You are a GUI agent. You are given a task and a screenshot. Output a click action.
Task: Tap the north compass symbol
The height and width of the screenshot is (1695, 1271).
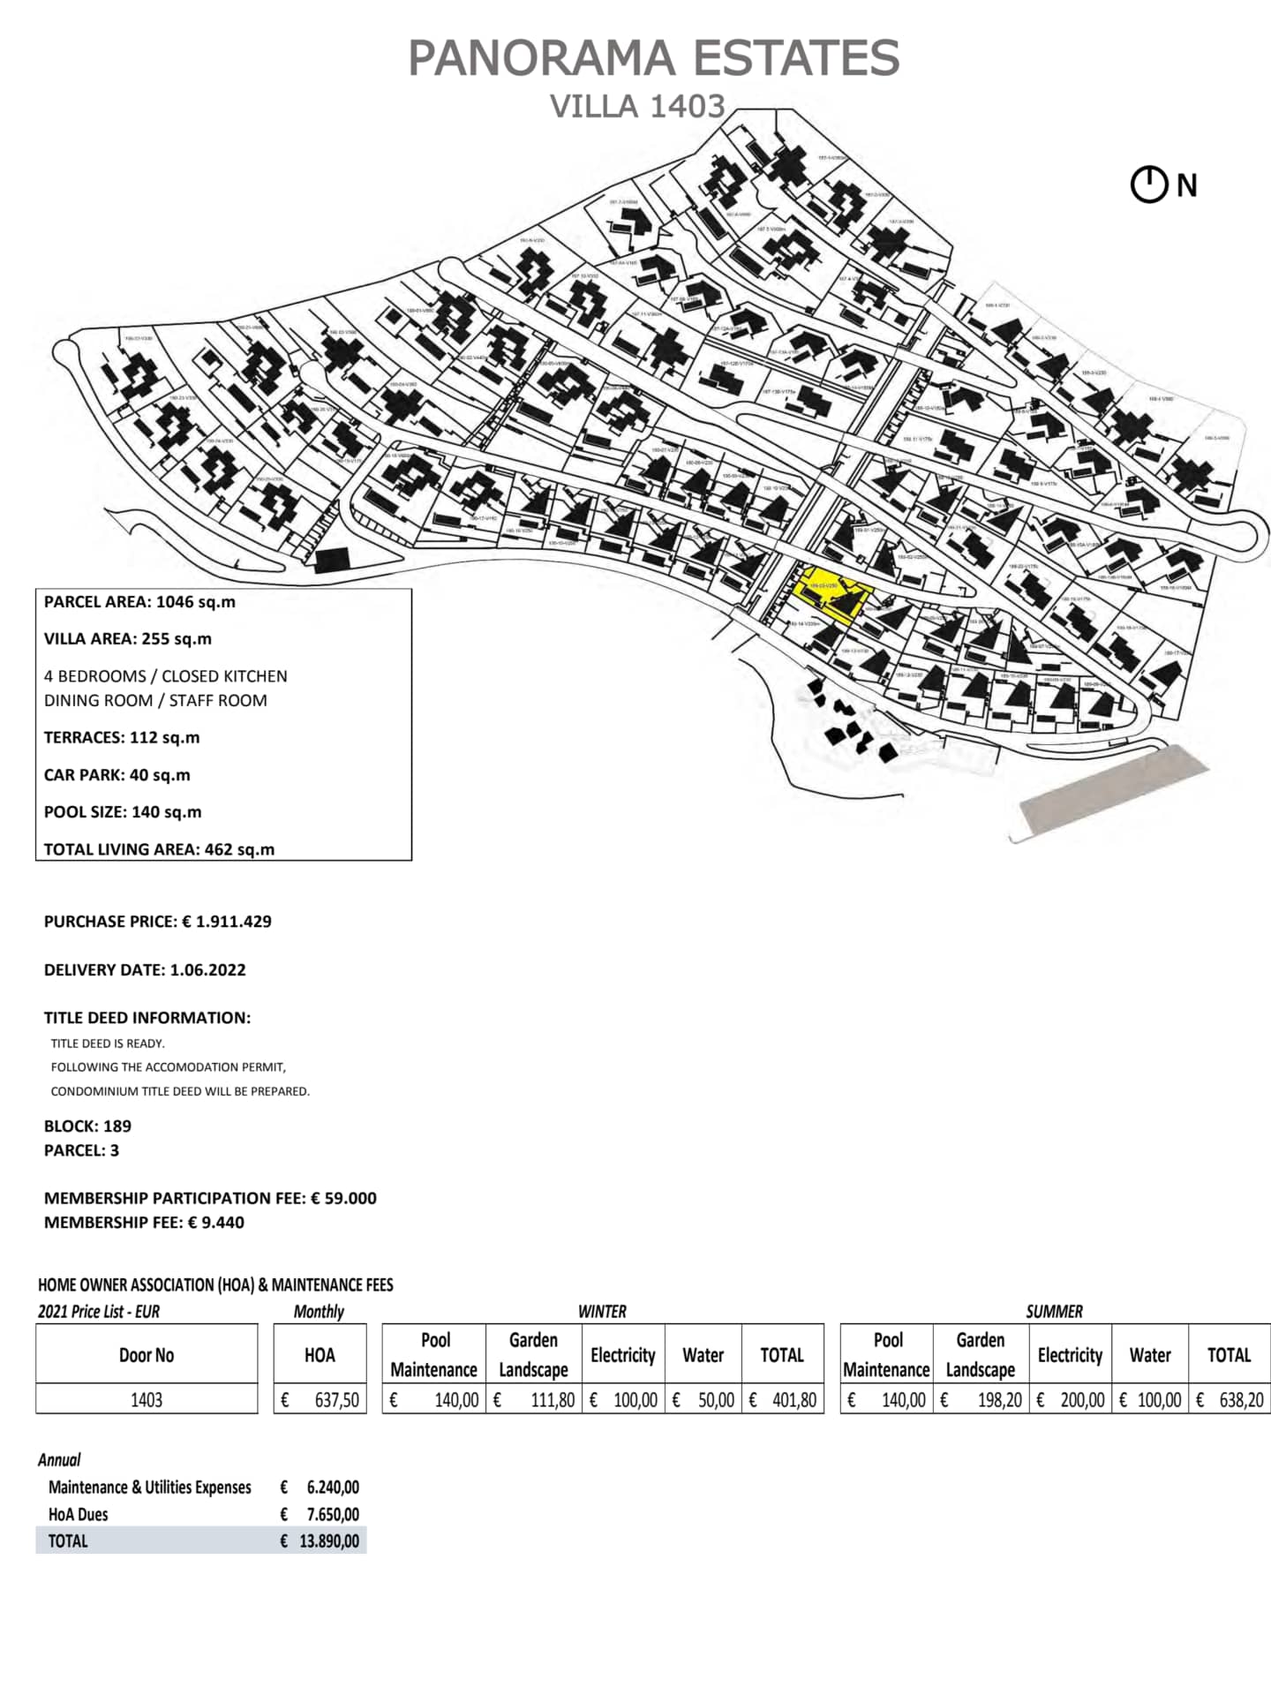[x=1149, y=185]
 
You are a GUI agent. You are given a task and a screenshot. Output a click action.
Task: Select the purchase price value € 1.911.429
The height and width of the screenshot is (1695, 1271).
[x=227, y=922]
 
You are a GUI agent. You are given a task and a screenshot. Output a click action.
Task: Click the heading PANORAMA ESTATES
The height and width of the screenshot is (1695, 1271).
[x=653, y=58]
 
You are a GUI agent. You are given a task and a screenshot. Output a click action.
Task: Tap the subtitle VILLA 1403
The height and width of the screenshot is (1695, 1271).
[x=637, y=107]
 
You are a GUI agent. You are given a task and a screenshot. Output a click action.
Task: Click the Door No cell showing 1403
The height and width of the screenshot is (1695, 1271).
[x=147, y=1400]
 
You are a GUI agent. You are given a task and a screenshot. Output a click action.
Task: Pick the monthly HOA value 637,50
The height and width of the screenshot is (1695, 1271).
[x=336, y=1400]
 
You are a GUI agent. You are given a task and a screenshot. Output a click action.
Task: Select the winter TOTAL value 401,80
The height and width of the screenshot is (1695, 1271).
[x=793, y=1400]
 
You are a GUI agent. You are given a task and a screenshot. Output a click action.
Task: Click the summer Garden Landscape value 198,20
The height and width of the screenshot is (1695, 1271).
[x=998, y=1400]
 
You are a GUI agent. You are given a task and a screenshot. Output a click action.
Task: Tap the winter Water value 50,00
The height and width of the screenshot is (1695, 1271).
[x=715, y=1400]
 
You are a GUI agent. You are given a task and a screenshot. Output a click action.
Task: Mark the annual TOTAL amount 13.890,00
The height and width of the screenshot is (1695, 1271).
[x=328, y=1541]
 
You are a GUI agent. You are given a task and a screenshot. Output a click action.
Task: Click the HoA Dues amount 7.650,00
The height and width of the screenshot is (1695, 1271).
[x=332, y=1515]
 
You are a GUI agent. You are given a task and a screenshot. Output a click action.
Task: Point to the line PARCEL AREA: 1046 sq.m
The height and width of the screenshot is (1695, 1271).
[x=139, y=602]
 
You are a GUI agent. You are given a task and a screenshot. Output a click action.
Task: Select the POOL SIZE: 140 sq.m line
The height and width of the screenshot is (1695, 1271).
[x=123, y=812]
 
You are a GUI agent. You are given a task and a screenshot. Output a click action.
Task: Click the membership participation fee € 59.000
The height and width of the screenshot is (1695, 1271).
[x=343, y=1199]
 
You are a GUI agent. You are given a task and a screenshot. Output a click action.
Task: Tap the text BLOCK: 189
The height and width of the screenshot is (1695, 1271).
[x=87, y=1126]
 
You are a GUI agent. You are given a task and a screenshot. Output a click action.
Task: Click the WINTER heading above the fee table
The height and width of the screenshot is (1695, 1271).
[x=602, y=1312]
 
